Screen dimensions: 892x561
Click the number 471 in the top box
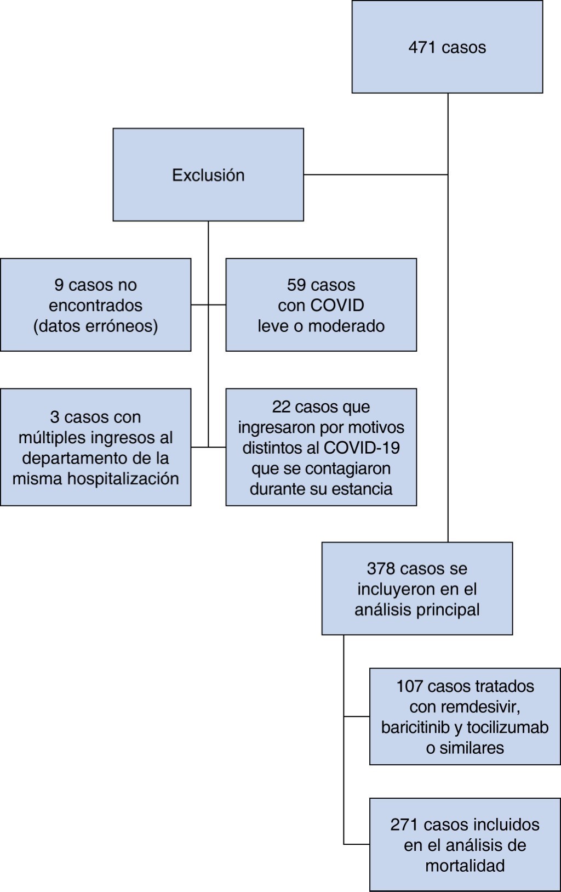[422, 47]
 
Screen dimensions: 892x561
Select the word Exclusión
[208, 175]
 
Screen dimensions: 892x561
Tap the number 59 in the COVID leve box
[296, 285]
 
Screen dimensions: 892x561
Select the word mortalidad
[465, 866]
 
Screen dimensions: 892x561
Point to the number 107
[410, 686]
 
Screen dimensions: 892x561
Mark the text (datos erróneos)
[95, 326]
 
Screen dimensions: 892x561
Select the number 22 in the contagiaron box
[281, 407]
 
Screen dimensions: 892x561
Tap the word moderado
[346, 326]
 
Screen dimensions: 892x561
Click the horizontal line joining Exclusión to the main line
[376, 174]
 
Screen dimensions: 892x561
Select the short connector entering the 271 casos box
[357, 844]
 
